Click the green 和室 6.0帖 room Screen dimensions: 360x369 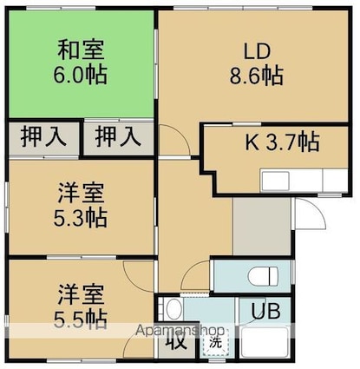[x=82, y=64]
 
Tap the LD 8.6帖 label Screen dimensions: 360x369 [x=257, y=63]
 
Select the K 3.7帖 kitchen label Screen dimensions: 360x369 [x=282, y=142]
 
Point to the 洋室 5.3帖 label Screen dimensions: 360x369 [x=81, y=205]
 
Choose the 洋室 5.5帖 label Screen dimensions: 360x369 [x=81, y=307]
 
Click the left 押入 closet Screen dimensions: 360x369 [x=43, y=139]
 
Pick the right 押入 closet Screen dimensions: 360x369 [x=119, y=138]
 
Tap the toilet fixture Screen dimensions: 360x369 [x=264, y=276]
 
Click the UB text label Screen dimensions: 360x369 [x=265, y=311]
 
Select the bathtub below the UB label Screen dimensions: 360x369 [x=265, y=342]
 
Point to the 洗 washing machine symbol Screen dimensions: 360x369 [x=216, y=343]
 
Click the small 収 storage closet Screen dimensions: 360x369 [x=176, y=341]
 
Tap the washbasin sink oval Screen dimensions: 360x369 [x=173, y=308]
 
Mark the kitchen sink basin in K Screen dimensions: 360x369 [x=275, y=181]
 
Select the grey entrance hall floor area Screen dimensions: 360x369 [x=261, y=227]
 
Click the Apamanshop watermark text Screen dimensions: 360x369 [x=180, y=331]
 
